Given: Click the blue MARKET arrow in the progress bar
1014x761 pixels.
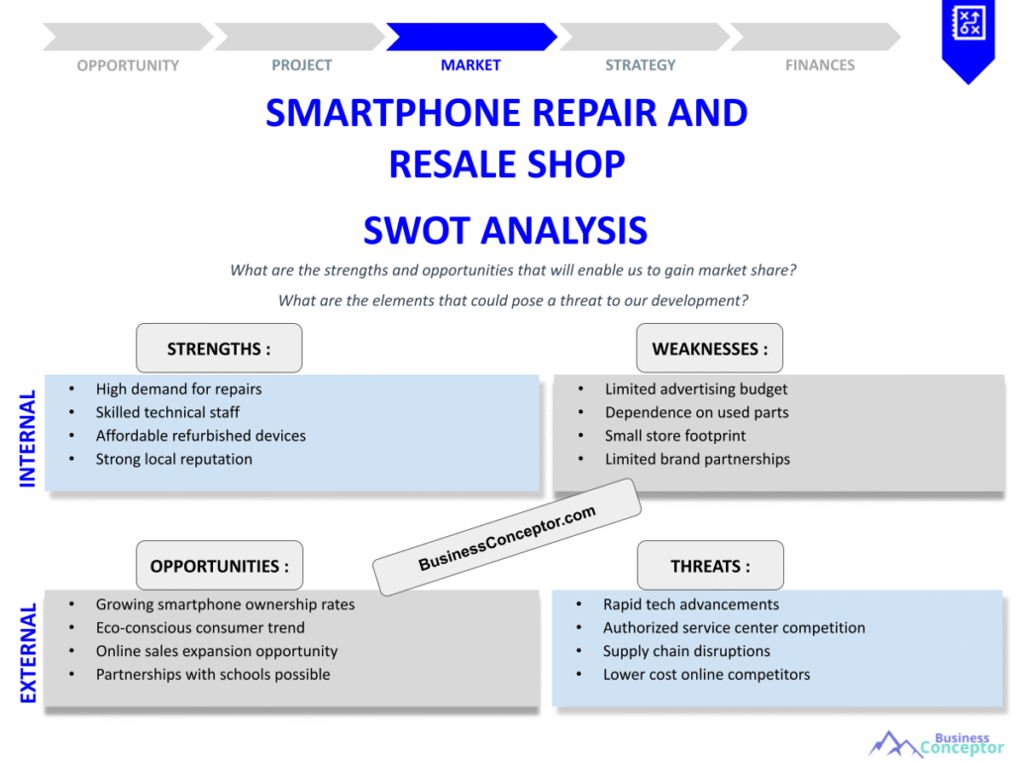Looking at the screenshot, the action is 471,37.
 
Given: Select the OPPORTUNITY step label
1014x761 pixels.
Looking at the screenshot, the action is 128,65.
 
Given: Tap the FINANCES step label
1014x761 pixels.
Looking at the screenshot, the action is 820,65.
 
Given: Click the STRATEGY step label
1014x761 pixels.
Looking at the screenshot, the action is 641,65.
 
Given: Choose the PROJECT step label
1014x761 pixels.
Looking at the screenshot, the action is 301,65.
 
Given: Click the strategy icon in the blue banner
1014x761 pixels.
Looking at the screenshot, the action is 968,23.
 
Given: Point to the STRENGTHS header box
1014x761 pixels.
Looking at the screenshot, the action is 219,348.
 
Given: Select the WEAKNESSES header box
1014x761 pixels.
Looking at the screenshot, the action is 709,348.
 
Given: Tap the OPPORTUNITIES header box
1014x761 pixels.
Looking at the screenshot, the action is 219,566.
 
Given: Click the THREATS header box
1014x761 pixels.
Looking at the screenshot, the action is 710,566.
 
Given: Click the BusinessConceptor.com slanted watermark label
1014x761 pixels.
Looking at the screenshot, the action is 507,537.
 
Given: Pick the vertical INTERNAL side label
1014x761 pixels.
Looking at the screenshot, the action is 27,438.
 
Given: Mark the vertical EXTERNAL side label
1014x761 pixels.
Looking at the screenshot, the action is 27,653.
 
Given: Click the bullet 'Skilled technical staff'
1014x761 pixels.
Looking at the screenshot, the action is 167,413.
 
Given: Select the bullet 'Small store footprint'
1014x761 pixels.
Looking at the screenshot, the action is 675,436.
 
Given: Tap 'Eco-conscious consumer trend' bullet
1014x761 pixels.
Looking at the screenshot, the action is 200,627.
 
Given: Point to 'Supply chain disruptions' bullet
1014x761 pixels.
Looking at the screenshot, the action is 687,651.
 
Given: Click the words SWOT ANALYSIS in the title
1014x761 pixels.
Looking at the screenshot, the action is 505,230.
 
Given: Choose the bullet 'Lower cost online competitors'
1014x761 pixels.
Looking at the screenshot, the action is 706,674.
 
